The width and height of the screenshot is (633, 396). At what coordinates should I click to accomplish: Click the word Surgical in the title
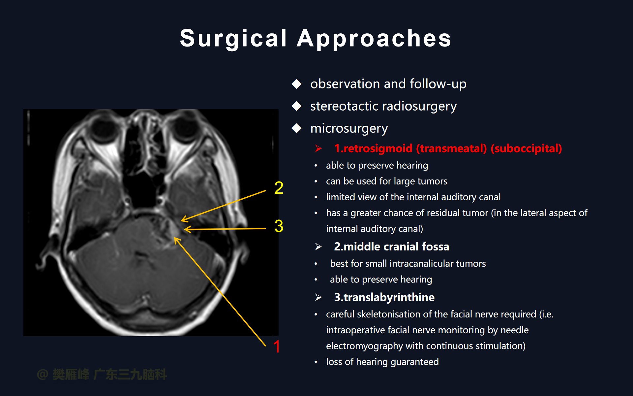coord(233,39)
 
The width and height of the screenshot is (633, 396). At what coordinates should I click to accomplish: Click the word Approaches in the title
coord(374,39)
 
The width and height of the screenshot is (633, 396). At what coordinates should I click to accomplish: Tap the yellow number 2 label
coord(279,188)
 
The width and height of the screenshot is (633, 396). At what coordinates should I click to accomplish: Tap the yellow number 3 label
coord(279,226)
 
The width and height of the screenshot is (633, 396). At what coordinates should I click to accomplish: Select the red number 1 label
coord(277,346)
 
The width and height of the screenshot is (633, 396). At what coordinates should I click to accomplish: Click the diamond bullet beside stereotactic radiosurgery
coord(297,106)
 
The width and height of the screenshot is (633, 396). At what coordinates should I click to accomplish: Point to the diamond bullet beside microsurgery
coord(297,128)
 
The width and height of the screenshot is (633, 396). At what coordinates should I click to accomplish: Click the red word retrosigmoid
coord(377,148)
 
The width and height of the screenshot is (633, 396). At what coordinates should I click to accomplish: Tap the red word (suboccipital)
coord(526,148)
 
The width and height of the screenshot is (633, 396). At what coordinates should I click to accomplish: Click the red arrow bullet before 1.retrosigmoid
coord(318,148)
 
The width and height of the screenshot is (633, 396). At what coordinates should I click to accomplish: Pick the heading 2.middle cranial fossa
coord(392,247)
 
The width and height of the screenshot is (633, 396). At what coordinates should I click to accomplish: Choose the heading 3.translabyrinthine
coord(384,297)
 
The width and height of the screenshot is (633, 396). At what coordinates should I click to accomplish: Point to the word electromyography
coord(364,346)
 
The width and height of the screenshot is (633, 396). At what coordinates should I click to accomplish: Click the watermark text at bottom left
coord(102,375)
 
